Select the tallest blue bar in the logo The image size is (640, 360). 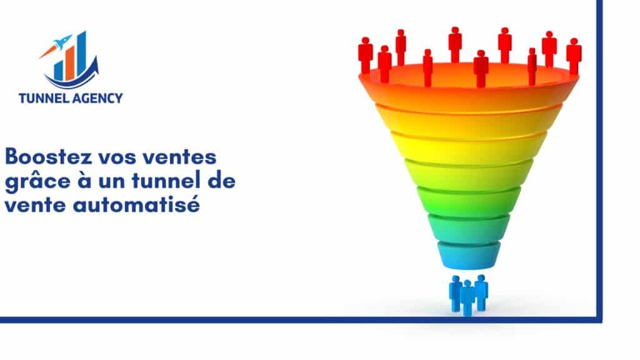pos(82,55)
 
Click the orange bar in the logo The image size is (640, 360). pos(70,63)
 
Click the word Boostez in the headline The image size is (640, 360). pos(48,157)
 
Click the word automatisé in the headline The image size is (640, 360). pos(136,204)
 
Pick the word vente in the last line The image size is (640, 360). pos(35,205)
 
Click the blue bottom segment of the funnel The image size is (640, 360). pos(469,256)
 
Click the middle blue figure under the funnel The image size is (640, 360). pos(467,298)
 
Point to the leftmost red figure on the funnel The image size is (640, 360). pos(365,56)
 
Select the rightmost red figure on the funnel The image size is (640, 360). pos(574,56)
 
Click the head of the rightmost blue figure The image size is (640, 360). pos(481,278)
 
